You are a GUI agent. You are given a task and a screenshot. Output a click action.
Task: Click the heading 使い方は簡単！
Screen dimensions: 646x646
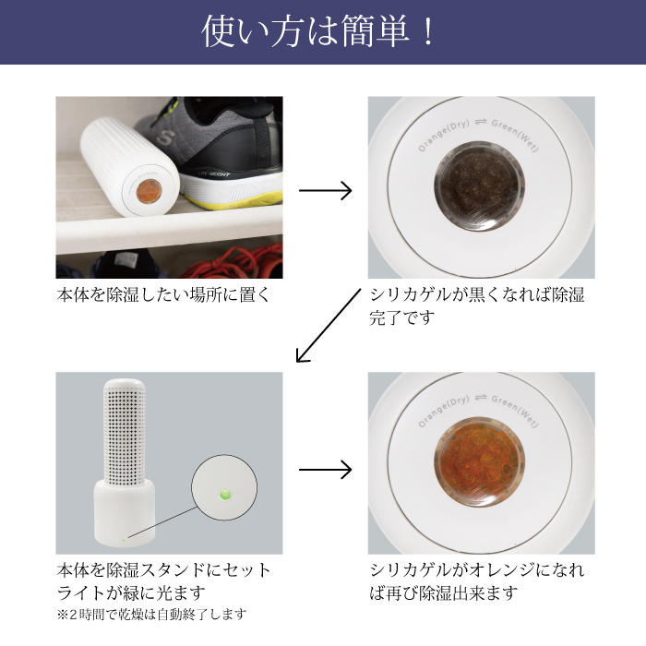coord(318,31)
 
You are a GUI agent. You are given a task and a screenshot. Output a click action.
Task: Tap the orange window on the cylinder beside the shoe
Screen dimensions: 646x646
coord(149,192)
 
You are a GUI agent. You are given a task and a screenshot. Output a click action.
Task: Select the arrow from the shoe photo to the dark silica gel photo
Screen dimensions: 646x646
coord(325,190)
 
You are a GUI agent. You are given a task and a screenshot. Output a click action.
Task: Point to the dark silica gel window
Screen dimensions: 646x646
coord(479,185)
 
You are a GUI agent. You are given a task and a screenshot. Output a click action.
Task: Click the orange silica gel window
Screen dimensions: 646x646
coord(479,461)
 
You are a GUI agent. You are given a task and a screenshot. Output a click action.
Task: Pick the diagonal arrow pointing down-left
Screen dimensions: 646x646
coord(328,326)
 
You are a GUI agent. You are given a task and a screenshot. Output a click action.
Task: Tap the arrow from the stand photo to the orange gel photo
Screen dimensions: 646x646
coord(325,470)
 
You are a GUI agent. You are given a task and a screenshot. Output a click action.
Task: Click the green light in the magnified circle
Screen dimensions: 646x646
coord(224,494)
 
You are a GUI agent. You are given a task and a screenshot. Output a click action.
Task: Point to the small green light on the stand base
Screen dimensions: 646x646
coord(123,540)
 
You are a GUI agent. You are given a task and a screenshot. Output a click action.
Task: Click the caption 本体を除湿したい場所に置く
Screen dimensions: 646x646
coord(163,295)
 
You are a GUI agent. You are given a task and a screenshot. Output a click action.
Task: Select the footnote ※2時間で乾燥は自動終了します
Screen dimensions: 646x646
coord(151,615)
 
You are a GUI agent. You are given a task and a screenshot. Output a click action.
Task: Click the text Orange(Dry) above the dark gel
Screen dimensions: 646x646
coord(443,135)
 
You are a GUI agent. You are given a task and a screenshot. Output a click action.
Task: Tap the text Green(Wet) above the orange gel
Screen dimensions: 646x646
coord(515,411)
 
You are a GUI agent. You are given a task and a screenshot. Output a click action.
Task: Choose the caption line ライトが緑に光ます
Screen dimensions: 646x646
coord(131,592)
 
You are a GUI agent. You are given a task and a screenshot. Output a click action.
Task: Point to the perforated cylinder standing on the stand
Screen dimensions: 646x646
coord(124,432)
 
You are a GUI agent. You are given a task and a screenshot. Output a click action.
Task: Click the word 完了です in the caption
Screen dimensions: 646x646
coord(401,317)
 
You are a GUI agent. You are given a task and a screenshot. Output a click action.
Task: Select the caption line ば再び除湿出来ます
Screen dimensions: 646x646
coord(443,592)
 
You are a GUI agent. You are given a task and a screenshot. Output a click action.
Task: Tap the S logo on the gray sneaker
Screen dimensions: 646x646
coord(164,138)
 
